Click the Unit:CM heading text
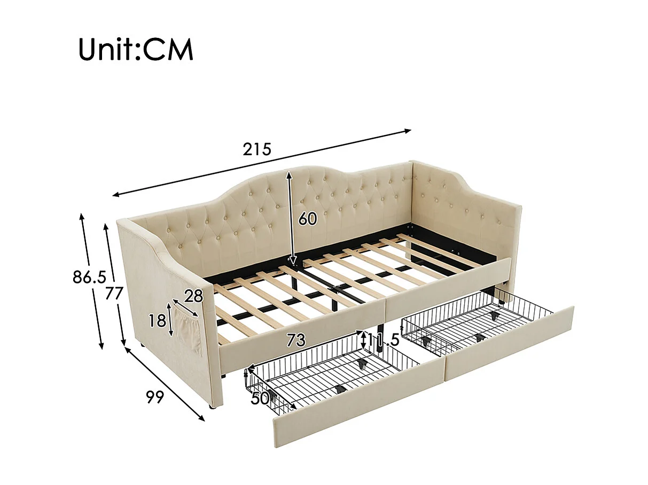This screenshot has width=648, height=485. (136, 49)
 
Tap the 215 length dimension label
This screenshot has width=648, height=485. (257, 149)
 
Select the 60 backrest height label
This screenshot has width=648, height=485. (308, 219)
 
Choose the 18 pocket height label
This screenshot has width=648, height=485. (157, 321)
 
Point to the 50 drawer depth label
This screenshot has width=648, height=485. (260, 398)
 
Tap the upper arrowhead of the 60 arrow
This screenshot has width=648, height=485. (289, 173)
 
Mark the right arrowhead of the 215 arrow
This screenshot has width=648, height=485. (409, 130)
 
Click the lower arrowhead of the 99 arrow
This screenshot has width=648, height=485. (202, 419)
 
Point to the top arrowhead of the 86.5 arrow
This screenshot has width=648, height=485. (82, 216)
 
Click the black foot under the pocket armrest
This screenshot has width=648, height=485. (214, 408)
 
